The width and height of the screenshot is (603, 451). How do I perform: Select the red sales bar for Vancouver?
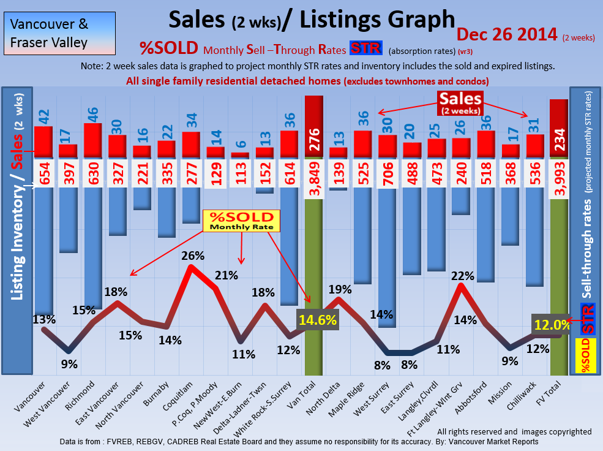click(x=43, y=142)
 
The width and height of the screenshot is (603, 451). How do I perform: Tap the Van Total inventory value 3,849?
click(x=313, y=174)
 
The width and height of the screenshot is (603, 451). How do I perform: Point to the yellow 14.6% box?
click(x=318, y=319)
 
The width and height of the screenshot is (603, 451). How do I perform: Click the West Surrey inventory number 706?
click(x=388, y=174)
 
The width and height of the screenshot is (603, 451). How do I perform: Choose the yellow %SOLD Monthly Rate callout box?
click(x=241, y=221)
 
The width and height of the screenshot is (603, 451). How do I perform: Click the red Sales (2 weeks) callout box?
click(x=460, y=103)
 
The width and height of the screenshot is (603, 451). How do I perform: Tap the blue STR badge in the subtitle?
click(x=365, y=48)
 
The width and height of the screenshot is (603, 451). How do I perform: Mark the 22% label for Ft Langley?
click(x=462, y=276)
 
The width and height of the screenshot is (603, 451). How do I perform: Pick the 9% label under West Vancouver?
click(x=69, y=364)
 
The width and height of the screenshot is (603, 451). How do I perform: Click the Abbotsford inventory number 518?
click(x=485, y=174)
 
